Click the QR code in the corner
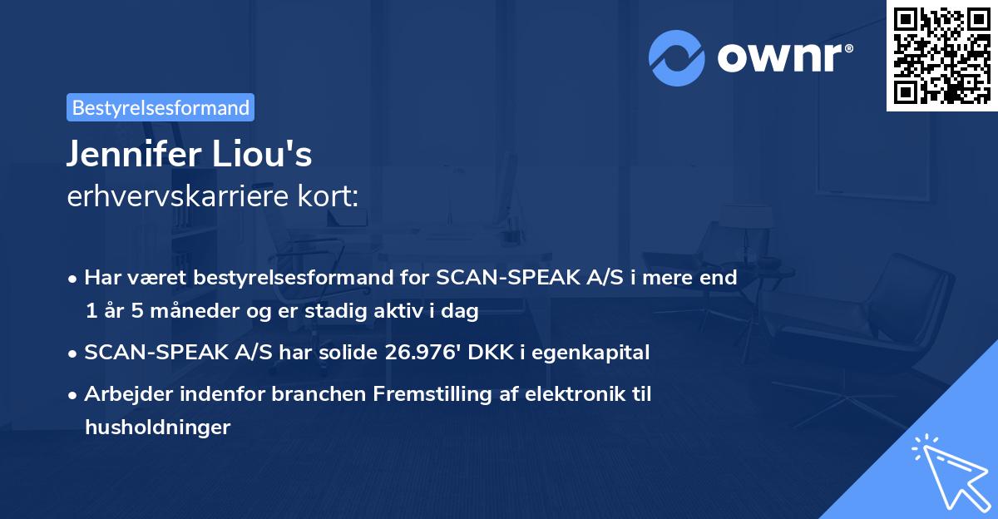[941, 56]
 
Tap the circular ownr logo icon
[676, 58]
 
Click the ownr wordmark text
[785, 57]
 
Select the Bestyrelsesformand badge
[161, 107]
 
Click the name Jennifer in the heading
[135, 154]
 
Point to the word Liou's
[262, 154]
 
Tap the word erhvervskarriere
[178, 196]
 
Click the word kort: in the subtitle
[328, 196]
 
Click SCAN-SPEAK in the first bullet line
[508, 277]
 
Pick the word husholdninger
[158, 427]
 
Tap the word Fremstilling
[432, 393]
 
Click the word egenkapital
[590, 353]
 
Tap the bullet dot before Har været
[72, 279]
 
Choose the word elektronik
[576, 393]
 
